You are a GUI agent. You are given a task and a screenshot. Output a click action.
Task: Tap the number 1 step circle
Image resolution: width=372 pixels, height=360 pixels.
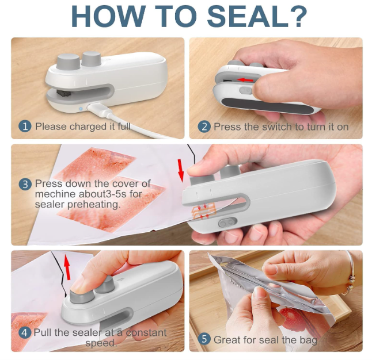pyautogui.click(x=25, y=126)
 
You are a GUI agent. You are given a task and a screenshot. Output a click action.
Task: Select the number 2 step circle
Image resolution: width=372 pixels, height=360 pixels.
pyautogui.click(x=204, y=126)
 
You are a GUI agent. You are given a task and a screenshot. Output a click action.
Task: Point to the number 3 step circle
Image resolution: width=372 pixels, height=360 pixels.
pyautogui.click(x=25, y=184)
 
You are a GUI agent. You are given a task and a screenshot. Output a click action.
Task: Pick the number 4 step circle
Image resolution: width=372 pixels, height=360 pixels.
pyautogui.click(x=25, y=332)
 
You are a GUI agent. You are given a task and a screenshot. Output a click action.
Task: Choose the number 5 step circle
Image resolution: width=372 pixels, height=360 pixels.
pyautogui.click(x=204, y=339)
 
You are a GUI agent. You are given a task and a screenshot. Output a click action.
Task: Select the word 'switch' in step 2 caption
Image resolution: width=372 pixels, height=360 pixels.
pyautogui.click(x=278, y=127)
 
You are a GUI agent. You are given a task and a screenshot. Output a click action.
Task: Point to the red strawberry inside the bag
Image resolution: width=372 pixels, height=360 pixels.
pyautogui.click(x=286, y=317)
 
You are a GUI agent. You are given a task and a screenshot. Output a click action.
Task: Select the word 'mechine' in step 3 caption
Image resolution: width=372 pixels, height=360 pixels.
pyautogui.click(x=57, y=194)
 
